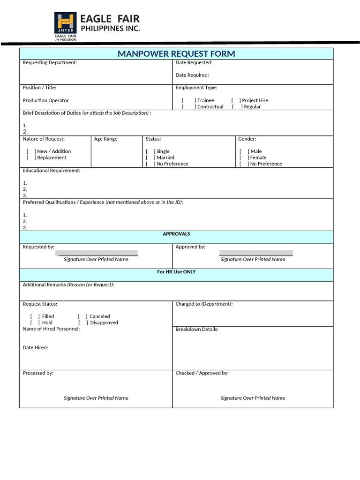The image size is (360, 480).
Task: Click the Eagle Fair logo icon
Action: tap(66, 23)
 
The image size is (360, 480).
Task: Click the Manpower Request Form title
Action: tap(176, 54)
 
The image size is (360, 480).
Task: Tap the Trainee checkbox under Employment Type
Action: tap(188, 100)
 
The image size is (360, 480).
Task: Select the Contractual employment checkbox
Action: tap(188, 107)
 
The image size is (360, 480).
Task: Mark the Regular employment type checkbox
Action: tap(237, 107)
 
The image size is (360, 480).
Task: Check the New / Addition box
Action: tap(31, 151)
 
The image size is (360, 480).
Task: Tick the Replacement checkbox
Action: tap(31, 157)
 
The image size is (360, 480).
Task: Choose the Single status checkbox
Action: tap(150, 151)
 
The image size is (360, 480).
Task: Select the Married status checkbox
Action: tap(150, 157)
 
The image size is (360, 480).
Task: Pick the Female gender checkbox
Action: tap(244, 157)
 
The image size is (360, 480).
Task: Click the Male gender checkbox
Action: tap(244, 151)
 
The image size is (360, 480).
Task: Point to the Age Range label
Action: tap(106, 139)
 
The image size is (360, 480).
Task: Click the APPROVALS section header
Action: tap(176, 234)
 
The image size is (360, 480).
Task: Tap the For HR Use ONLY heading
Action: tap(176, 272)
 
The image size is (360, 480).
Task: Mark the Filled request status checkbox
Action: tap(35, 316)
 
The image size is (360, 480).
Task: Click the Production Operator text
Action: tap(45, 100)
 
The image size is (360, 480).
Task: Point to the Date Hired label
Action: tap(36, 347)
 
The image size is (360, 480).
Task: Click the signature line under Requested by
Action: tap(97, 254)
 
